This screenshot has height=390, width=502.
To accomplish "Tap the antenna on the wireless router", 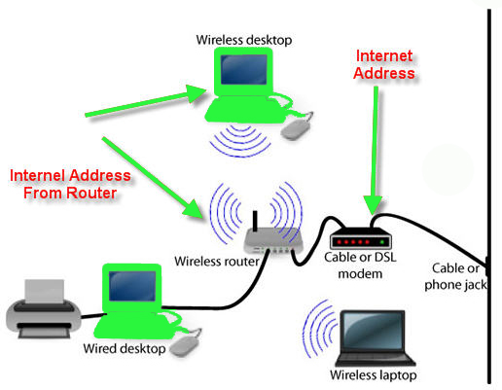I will pyautogui.click(x=252, y=219).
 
